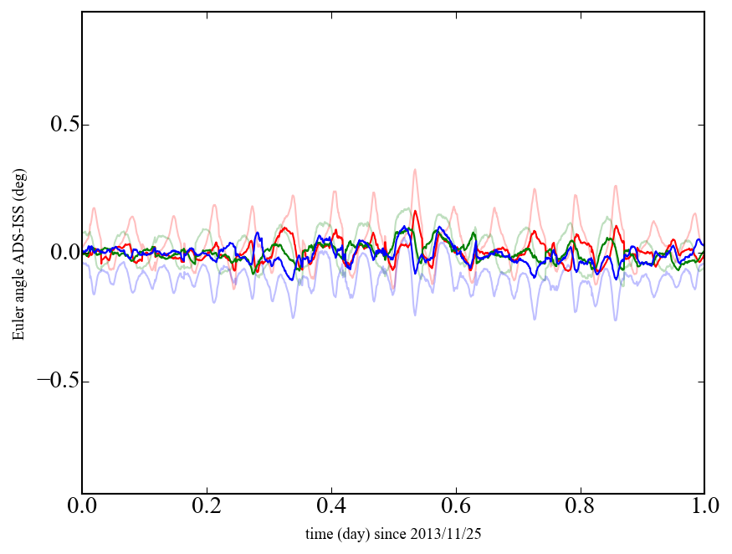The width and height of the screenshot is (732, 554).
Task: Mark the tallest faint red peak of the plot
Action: click(414, 170)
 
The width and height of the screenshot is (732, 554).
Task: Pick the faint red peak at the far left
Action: click(95, 208)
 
